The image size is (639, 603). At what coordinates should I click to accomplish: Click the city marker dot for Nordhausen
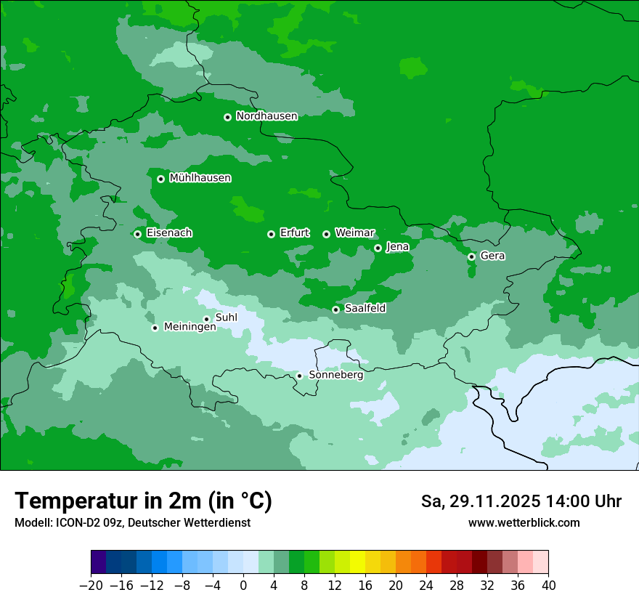(227, 117)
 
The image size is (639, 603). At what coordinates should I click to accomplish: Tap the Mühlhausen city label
(200, 178)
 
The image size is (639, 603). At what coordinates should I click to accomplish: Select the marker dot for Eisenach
(137, 234)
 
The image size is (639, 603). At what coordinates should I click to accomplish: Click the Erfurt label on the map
(294, 233)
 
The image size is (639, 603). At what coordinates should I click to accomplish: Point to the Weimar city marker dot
(326, 234)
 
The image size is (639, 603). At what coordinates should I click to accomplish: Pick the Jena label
(397, 247)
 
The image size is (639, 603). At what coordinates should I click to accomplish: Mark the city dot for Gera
(471, 256)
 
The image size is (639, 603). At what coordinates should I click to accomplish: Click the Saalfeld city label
(365, 309)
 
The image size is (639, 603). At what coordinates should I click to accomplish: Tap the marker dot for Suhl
(206, 319)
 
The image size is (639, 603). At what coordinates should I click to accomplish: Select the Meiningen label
(190, 328)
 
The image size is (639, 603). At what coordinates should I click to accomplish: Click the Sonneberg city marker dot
(299, 376)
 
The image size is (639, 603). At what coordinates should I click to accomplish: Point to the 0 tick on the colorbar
(243, 586)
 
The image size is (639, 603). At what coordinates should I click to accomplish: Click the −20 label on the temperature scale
(91, 586)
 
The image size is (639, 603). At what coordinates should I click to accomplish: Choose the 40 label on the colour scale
(548, 586)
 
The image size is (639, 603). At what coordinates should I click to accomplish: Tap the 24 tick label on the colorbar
(426, 586)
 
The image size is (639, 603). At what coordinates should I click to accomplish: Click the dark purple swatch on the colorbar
(99, 562)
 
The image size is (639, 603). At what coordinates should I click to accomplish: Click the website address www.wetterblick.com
(524, 523)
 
